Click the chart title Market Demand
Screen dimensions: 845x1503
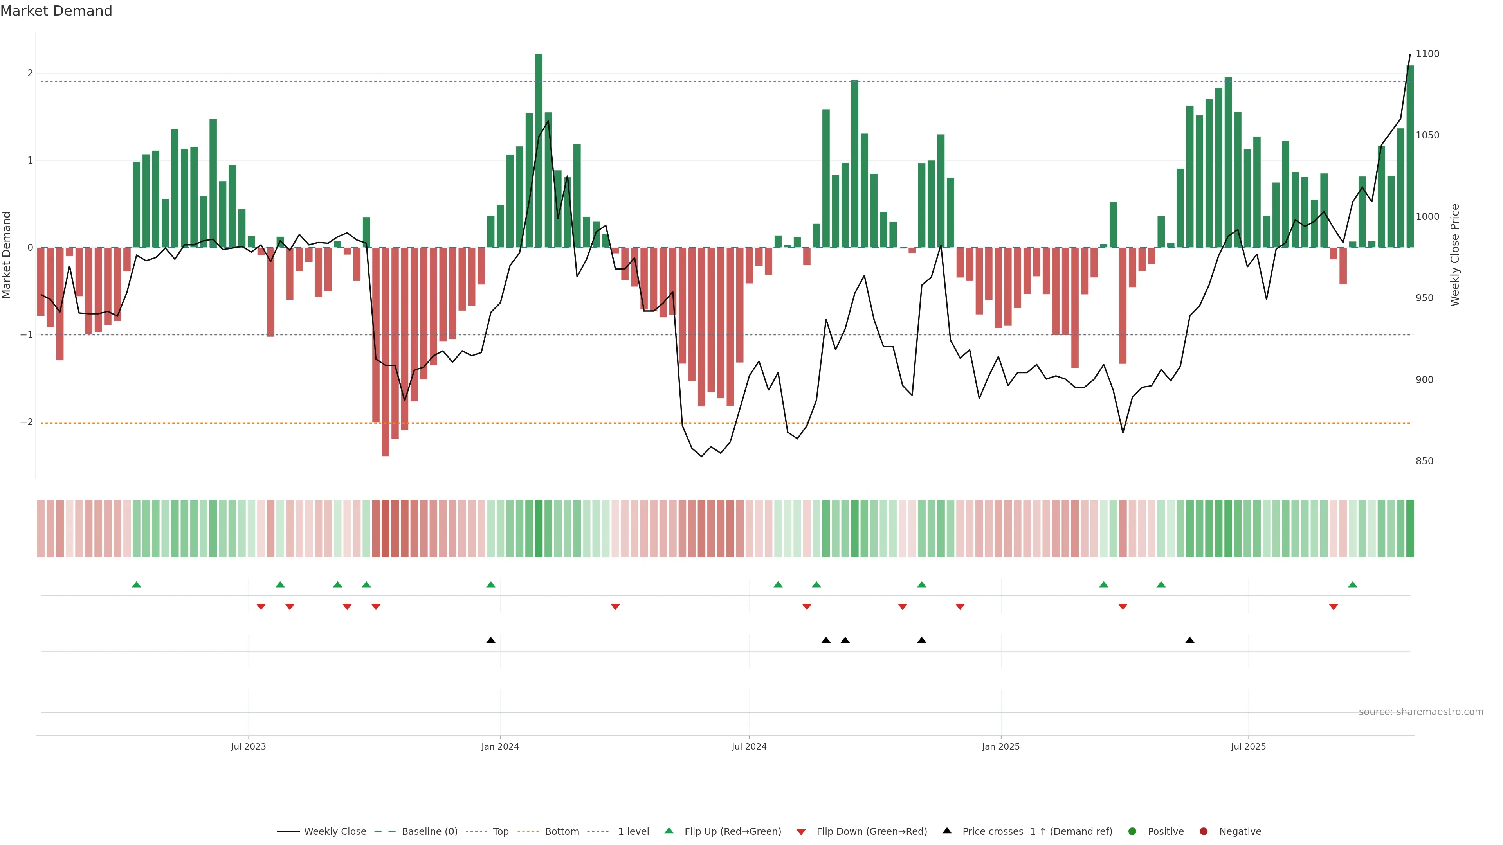coord(56,11)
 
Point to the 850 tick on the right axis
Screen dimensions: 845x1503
coord(1424,461)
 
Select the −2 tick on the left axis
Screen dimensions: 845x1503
coord(27,422)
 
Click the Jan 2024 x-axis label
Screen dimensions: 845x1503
coord(500,746)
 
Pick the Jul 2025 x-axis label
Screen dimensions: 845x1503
coord(1248,746)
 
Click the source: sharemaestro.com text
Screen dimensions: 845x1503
coord(1421,712)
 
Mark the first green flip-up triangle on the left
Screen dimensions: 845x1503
coord(137,584)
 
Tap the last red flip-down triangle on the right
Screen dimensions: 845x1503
coord(1333,607)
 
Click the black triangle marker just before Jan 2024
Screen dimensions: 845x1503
coord(491,640)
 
